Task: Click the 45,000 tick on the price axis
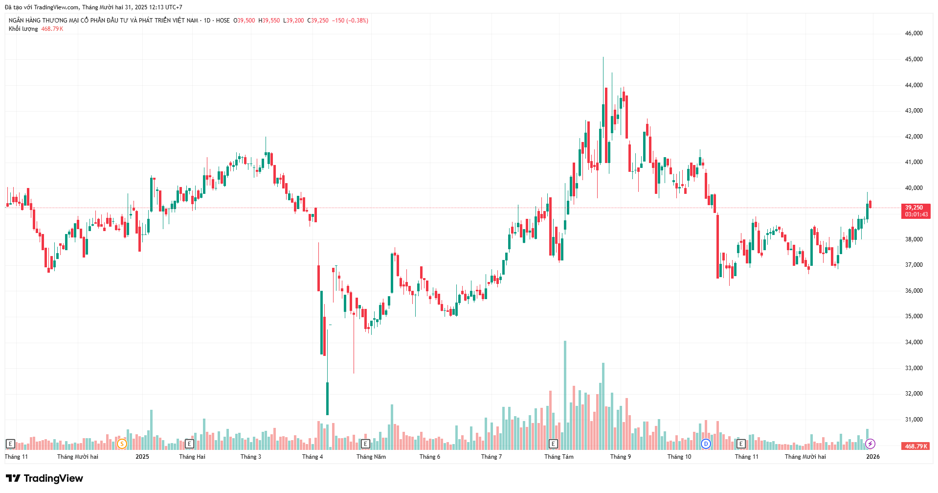pyautogui.click(x=914, y=59)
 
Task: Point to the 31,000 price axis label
pyautogui.click(x=914, y=420)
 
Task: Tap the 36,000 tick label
pyautogui.click(x=914, y=291)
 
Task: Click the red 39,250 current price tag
pyautogui.click(x=915, y=208)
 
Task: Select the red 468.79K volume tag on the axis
pyautogui.click(x=916, y=446)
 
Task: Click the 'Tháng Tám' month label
pyautogui.click(x=558, y=457)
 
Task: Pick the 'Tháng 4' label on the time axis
pyautogui.click(x=312, y=457)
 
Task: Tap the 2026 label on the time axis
pyautogui.click(x=872, y=457)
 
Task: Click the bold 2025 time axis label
pyautogui.click(x=142, y=457)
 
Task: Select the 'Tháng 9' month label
pyautogui.click(x=620, y=457)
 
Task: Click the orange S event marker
pyautogui.click(x=122, y=444)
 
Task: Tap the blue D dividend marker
pyautogui.click(x=706, y=444)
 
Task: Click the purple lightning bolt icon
pyautogui.click(x=870, y=444)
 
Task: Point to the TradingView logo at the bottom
pyautogui.click(x=45, y=478)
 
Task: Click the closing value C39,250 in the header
pyautogui.click(x=318, y=21)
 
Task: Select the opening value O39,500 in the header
pyautogui.click(x=244, y=21)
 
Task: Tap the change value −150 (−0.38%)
pyautogui.click(x=350, y=21)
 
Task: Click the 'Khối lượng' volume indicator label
pyautogui.click(x=23, y=29)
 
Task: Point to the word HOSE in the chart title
pyautogui.click(x=223, y=21)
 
